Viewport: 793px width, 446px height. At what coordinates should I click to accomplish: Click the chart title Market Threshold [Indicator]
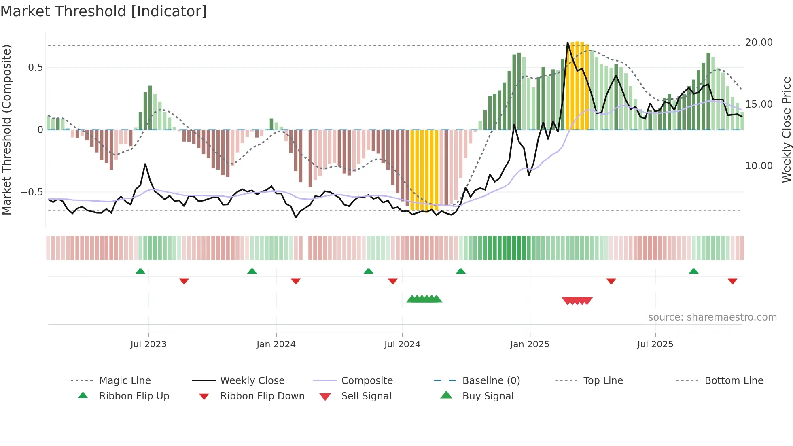click(x=104, y=11)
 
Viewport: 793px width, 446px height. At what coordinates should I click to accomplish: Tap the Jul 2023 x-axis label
click(x=148, y=344)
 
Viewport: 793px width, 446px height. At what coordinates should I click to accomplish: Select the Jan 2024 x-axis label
click(x=276, y=344)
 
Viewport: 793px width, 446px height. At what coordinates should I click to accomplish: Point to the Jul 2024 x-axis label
click(x=402, y=344)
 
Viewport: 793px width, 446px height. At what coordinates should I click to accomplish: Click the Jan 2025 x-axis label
click(x=530, y=344)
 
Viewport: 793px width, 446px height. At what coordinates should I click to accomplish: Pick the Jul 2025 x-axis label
click(x=655, y=344)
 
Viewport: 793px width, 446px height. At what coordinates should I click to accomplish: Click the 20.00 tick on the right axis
click(x=759, y=42)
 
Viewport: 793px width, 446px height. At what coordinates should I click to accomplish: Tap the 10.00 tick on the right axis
click(x=759, y=166)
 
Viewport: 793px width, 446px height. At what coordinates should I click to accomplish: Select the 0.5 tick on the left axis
click(x=35, y=68)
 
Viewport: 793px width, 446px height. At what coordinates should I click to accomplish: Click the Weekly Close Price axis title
click(x=786, y=130)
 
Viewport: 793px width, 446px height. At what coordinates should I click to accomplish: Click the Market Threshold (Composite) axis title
click(x=6, y=130)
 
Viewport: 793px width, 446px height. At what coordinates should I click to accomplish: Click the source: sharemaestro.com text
click(x=712, y=317)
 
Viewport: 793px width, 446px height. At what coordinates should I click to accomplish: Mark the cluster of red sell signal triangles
click(x=577, y=301)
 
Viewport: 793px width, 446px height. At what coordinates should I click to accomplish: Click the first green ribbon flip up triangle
click(x=140, y=271)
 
